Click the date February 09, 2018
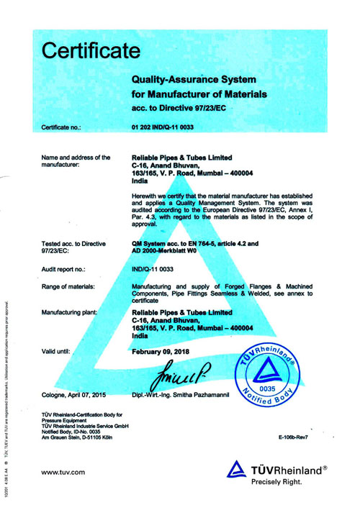click(x=165, y=351)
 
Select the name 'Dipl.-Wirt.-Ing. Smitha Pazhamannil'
click(x=191, y=395)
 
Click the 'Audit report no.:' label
click(x=64, y=268)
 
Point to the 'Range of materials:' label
click(x=68, y=287)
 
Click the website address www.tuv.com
click(x=63, y=471)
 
